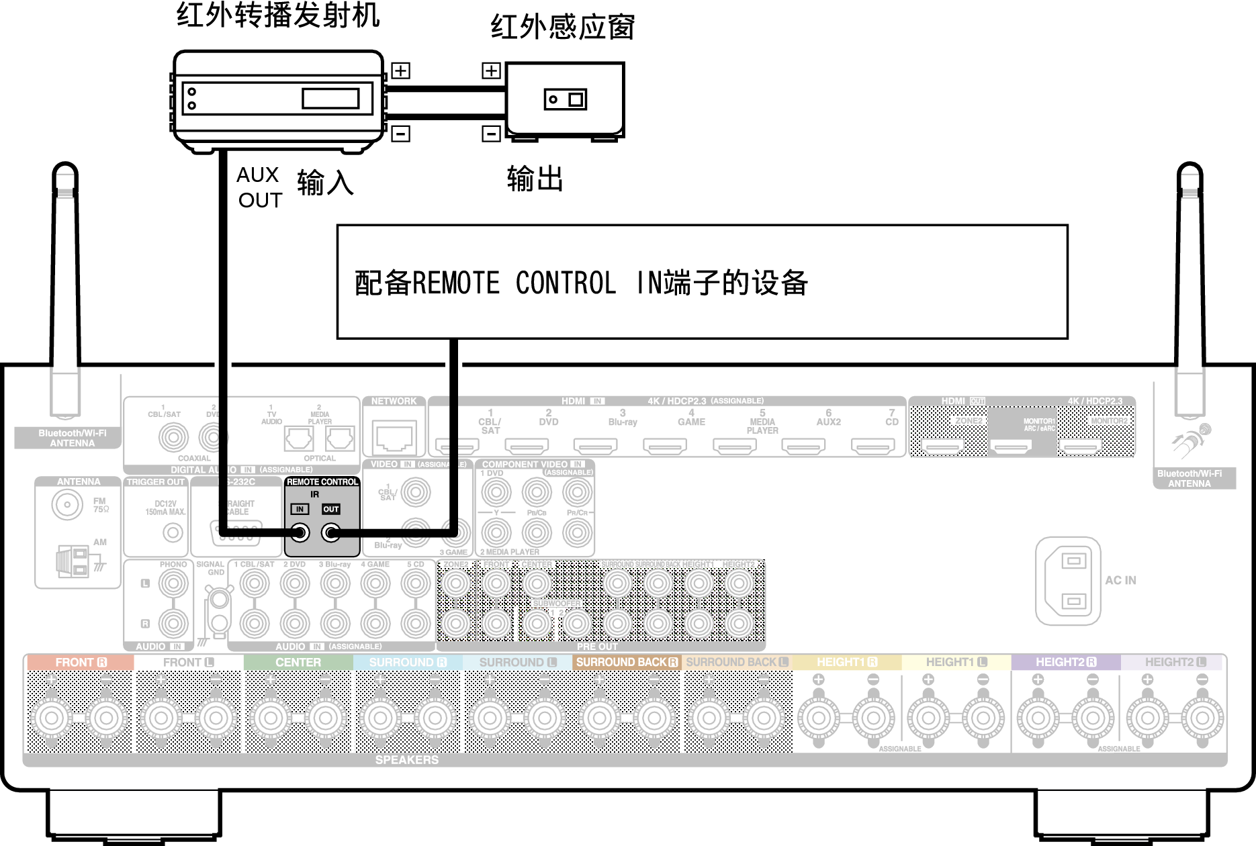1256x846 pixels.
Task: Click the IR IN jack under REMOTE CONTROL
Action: point(300,534)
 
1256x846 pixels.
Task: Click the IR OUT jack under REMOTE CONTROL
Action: point(330,534)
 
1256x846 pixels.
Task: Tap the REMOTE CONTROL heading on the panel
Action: point(322,482)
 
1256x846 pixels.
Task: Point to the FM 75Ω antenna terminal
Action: point(67,504)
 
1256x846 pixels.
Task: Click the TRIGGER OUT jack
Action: point(173,533)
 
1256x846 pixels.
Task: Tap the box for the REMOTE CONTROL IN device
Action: point(702,282)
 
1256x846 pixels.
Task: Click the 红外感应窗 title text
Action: point(563,28)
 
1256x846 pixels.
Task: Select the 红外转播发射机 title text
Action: point(278,15)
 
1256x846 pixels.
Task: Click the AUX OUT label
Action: point(259,187)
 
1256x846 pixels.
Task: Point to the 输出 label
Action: point(535,179)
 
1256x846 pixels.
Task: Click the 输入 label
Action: point(325,183)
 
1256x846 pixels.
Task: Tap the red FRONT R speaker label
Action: point(81,663)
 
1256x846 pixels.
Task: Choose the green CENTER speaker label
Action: point(298,663)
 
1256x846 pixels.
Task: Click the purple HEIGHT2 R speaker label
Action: point(1065,663)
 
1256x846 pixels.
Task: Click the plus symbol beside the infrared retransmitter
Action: point(400,70)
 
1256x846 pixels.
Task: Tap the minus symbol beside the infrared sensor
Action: point(491,134)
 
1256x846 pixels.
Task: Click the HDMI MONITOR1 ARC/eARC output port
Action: point(1012,446)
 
